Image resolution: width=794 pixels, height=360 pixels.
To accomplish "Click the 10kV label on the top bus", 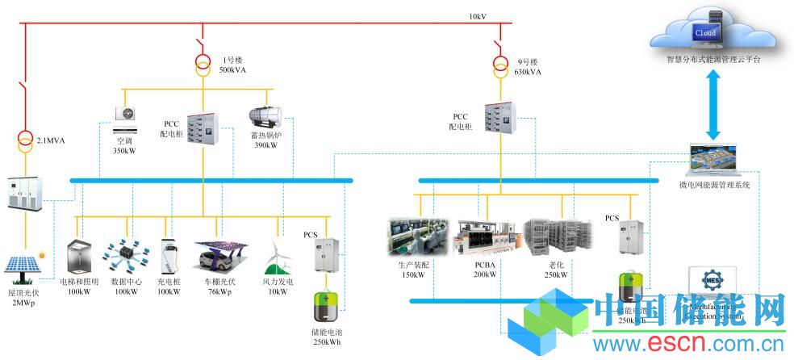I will coord(478,15).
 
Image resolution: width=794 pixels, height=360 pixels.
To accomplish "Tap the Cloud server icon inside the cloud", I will coord(704,32).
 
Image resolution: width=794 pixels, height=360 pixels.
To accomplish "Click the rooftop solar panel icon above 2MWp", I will coord(25,268).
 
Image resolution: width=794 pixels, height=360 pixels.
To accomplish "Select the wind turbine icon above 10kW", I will coord(277,257).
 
